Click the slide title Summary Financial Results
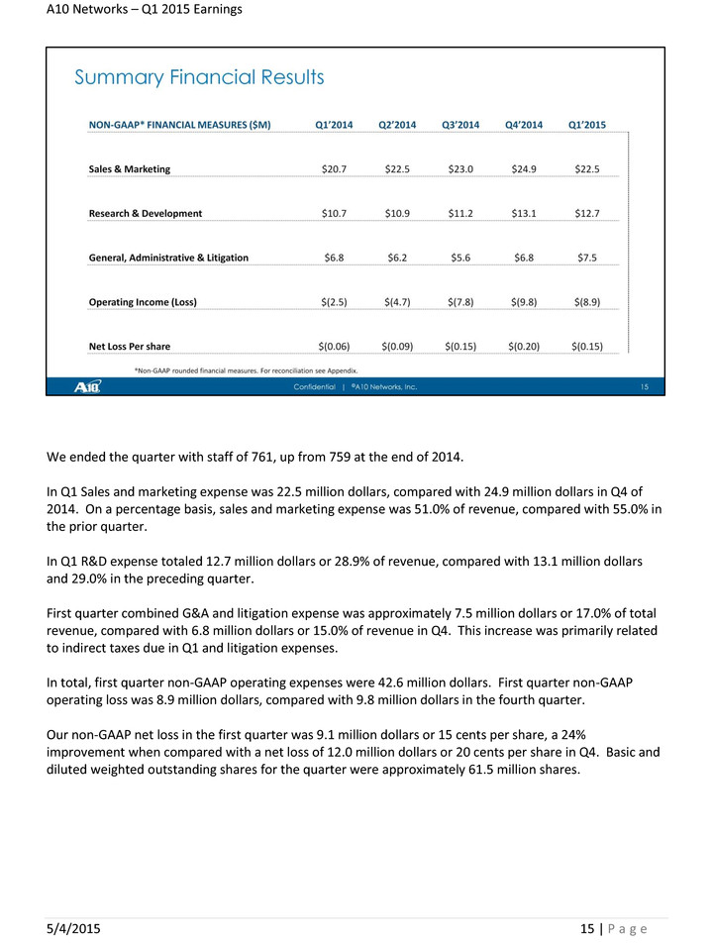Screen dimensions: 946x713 pyautogui.click(x=199, y=77)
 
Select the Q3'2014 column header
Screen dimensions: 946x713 pyautogui.click(x=460, y=125)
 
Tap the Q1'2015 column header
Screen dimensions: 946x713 pyautogui.click(x=587, y=125)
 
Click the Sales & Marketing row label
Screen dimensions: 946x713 pyautogui.click(x=130, y=169)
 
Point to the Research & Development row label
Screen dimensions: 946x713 pyautogui.click(x=146, y=213)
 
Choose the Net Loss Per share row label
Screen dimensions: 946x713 pyautogui.click(x=130, y=347)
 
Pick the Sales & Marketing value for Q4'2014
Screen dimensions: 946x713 pyautogui.click(x=524, y=169)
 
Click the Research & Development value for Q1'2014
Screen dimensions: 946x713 pyautogui.click(x=334, y=213)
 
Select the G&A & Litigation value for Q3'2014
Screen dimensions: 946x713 pyautogui.click(x=460, y=258)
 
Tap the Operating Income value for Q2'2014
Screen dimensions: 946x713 pyautogui.click(x=397, y=302)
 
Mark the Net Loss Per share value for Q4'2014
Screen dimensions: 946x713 pyautogui.click(x=524, y=347)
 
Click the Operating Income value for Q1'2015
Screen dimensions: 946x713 pyautogui.click(x=587, y=302)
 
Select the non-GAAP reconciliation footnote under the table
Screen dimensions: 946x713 pyautogui.click(x=245, y=369)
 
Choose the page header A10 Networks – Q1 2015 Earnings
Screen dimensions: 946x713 pyautogui.click(x=144, y=10)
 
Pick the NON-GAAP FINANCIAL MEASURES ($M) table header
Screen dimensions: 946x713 pyautogui.click(x=180, y=125)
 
